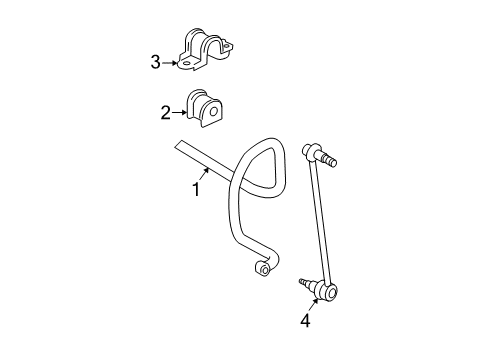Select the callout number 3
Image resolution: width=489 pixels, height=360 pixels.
click(x=155, y=63)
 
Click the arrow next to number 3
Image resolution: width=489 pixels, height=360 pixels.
click(x=171, y=63)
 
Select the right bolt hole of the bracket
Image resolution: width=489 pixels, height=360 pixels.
click(x=231, y=47)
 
